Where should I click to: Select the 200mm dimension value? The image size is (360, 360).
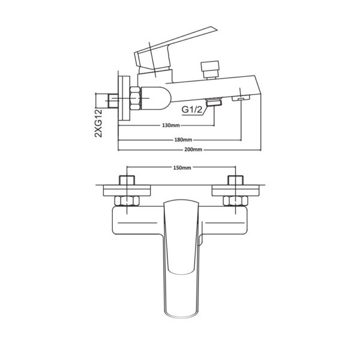[x=193, y=149]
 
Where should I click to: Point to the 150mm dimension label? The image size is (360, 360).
[x=182, y=167]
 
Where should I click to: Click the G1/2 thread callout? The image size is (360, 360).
[x=192, y=110]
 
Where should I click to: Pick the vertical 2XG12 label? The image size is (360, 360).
[x=98, y=123]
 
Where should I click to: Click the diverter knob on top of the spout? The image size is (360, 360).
[x=210, y=70]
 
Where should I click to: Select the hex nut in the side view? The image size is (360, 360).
[x=136, y=98]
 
